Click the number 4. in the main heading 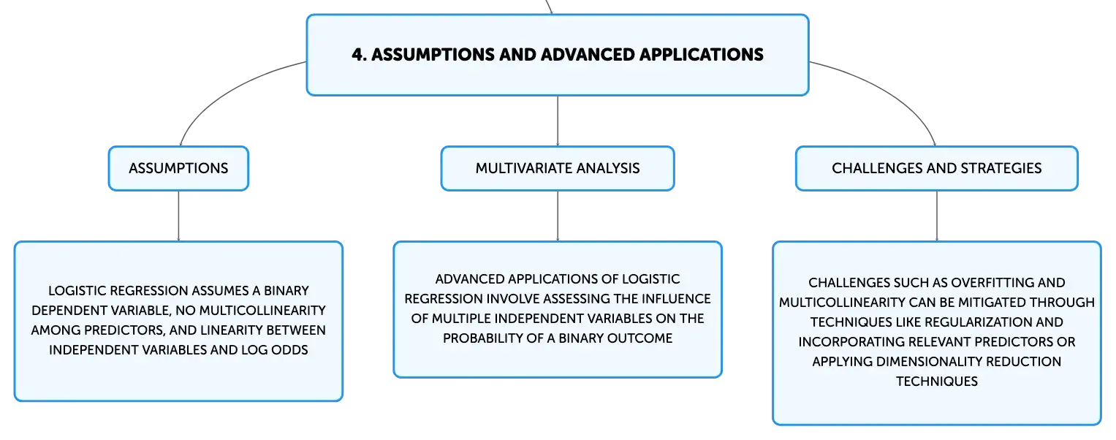(x=359, y=54)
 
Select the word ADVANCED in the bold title (x=587, y=54)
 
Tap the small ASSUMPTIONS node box (x=178, y=168)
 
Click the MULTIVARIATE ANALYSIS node (x=558, y=168)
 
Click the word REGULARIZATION (x=978, y=322)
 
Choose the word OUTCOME (x=644, y=338)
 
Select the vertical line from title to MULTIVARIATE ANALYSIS (x=558, y=121)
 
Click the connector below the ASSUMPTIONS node (x=178, y=216)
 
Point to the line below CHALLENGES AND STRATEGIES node (x=937, y=216)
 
